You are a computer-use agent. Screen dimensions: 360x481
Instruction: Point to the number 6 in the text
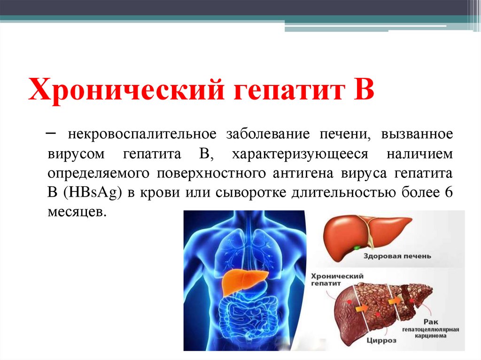(448, 192)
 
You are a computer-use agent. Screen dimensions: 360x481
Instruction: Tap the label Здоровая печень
(397, 257)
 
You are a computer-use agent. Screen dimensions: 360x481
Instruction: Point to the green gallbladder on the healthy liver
(357, 246)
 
